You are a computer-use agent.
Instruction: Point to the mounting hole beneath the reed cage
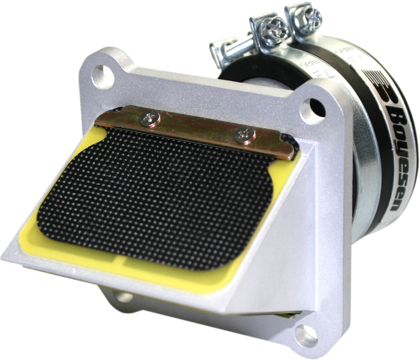(125, 296)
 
